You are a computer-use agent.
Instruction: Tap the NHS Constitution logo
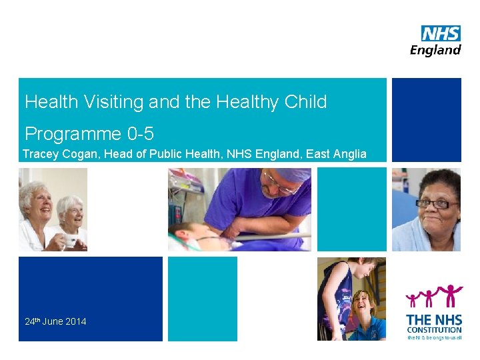434,313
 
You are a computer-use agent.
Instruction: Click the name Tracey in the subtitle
40,154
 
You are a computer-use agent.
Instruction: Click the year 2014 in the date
75,321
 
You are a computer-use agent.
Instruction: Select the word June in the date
53,321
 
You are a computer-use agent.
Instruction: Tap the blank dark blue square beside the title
426,120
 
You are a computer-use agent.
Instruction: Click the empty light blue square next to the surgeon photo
351,209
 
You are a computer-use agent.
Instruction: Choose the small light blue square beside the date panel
202,299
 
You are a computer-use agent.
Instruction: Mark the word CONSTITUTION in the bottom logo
434,330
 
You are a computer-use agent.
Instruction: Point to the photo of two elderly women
53,209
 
